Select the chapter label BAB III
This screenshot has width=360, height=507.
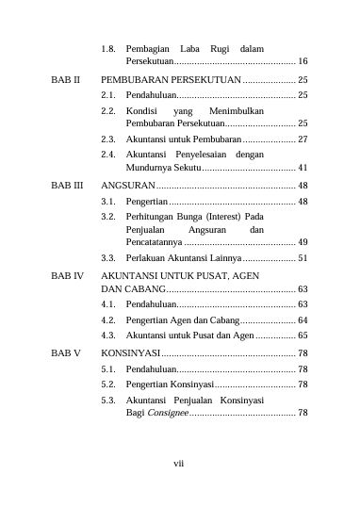66,187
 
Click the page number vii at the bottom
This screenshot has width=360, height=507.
179,463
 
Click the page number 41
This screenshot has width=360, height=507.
303,166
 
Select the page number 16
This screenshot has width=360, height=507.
303,60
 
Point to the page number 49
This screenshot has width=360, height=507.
303,242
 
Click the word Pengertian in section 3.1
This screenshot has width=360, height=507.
146,202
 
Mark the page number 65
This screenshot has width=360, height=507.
303,335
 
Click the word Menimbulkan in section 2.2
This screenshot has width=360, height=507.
237,111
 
